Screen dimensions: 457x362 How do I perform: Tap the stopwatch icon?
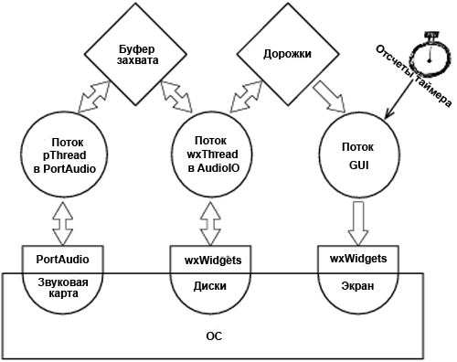click(x=430, y=57)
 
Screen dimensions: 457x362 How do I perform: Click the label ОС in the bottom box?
click(x=214, y=336)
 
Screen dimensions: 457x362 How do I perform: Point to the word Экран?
click(x=357, y=286)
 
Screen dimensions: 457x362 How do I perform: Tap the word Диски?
click(x=210, y=286)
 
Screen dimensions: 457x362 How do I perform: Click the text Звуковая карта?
click(x=63, y=288)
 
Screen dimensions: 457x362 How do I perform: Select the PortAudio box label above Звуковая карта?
click(x=63, y=260)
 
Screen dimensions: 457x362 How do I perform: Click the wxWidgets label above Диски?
click(x=213, y=261)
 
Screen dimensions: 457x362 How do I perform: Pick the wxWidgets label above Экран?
click(x=358, y=259)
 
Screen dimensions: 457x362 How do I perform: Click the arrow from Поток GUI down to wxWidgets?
click(x=358, y=223)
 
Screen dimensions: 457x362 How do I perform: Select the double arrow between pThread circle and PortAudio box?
click(x=63, y=222)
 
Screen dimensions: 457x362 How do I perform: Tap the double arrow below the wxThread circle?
click(x=210, y=223)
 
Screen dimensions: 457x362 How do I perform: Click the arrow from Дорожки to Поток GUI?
click(x=329, y=96)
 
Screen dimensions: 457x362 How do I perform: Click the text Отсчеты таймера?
click(x=413, y=76)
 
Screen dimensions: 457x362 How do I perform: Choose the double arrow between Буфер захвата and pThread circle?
click(x=94, y=97)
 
